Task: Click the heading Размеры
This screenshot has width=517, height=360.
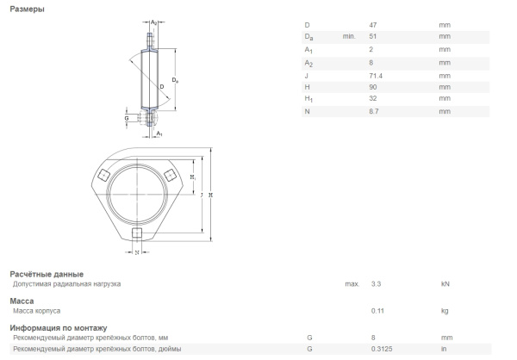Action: tap(28, 9)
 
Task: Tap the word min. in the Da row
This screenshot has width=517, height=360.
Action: tap(349, 36)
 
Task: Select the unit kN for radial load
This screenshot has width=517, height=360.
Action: tap(445, 283)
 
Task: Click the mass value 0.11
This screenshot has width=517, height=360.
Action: tap(377, 310)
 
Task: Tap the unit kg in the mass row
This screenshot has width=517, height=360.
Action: tap(445, 310)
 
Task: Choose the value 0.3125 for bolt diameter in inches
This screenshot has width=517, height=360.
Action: tap(381, 349)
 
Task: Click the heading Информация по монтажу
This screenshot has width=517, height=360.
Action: tap(58, 328)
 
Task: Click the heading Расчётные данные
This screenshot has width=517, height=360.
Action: tap(46, 274)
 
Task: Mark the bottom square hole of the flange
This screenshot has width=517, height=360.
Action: tap(135, 233)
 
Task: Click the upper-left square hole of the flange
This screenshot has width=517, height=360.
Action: tap(103, 176)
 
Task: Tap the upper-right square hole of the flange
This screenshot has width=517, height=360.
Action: tap(169, 176)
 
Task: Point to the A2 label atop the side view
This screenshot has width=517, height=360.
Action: tap(153, 22)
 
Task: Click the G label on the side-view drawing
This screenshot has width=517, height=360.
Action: tap(126, 118)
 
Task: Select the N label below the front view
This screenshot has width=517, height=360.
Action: tap(135, 252)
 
